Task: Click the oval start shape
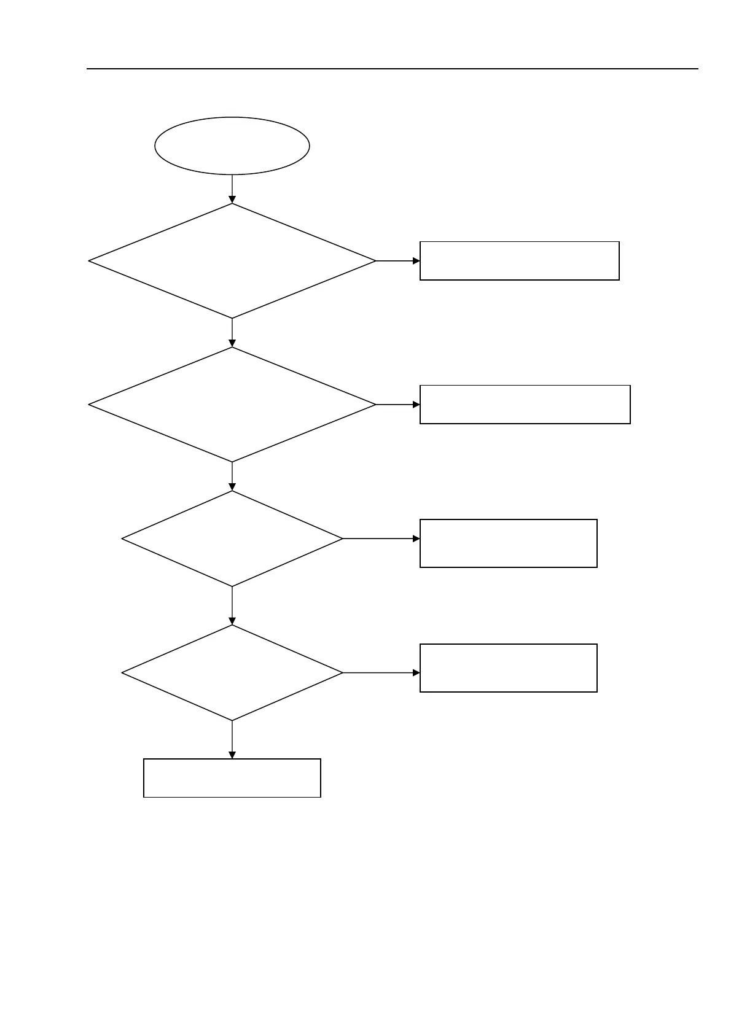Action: point(232,146)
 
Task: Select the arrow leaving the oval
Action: point(232,189)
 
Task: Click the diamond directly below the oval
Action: point(232,261)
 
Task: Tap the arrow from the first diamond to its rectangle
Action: point(397,261)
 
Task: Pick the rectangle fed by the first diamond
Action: point(519,261)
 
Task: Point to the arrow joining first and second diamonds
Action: point(232,333)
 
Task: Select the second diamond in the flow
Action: point(232,405)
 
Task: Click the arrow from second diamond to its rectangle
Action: point(397,405)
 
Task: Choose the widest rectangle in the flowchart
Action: point(525,405)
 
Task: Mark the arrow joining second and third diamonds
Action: point(232,476)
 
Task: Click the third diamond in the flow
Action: point(232,538)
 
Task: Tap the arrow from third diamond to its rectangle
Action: point(381,538)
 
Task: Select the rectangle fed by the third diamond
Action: point(508,543)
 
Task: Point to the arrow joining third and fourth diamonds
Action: point(232,605)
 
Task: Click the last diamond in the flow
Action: point(232,673)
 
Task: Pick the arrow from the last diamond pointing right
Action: point(381,673)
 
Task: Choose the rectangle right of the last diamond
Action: point(508,668)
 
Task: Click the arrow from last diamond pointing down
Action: point(232,739)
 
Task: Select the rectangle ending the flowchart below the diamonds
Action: point(232,778)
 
